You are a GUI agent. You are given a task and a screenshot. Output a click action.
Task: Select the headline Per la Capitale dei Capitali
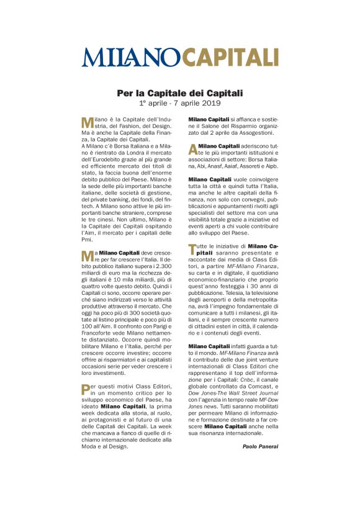[x=180, y=93]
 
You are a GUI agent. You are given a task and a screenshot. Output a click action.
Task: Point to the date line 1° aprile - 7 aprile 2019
[x=180, y=102]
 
